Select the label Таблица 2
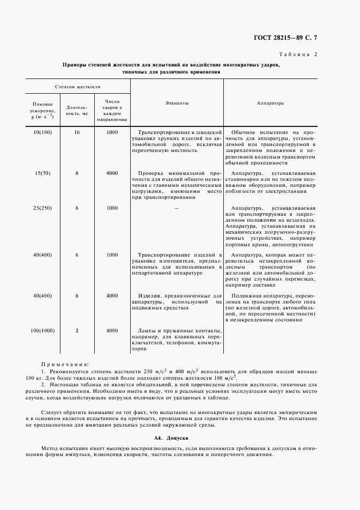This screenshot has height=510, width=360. [x=298, y=54]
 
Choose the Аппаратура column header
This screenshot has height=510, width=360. [x=269, y=103]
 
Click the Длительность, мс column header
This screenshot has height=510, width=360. [x=77, y=111]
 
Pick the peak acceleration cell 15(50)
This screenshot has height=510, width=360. [x=42, y=173]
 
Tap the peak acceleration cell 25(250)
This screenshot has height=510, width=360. [x=42, y=208]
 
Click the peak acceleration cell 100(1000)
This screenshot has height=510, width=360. [x=42, y=331]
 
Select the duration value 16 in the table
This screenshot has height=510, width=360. [x=77, y=132]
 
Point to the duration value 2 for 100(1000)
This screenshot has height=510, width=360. [x=77, y=331]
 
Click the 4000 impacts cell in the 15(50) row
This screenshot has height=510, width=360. [x=112, y=173]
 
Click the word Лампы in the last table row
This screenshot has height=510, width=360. [x=147, y=331]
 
